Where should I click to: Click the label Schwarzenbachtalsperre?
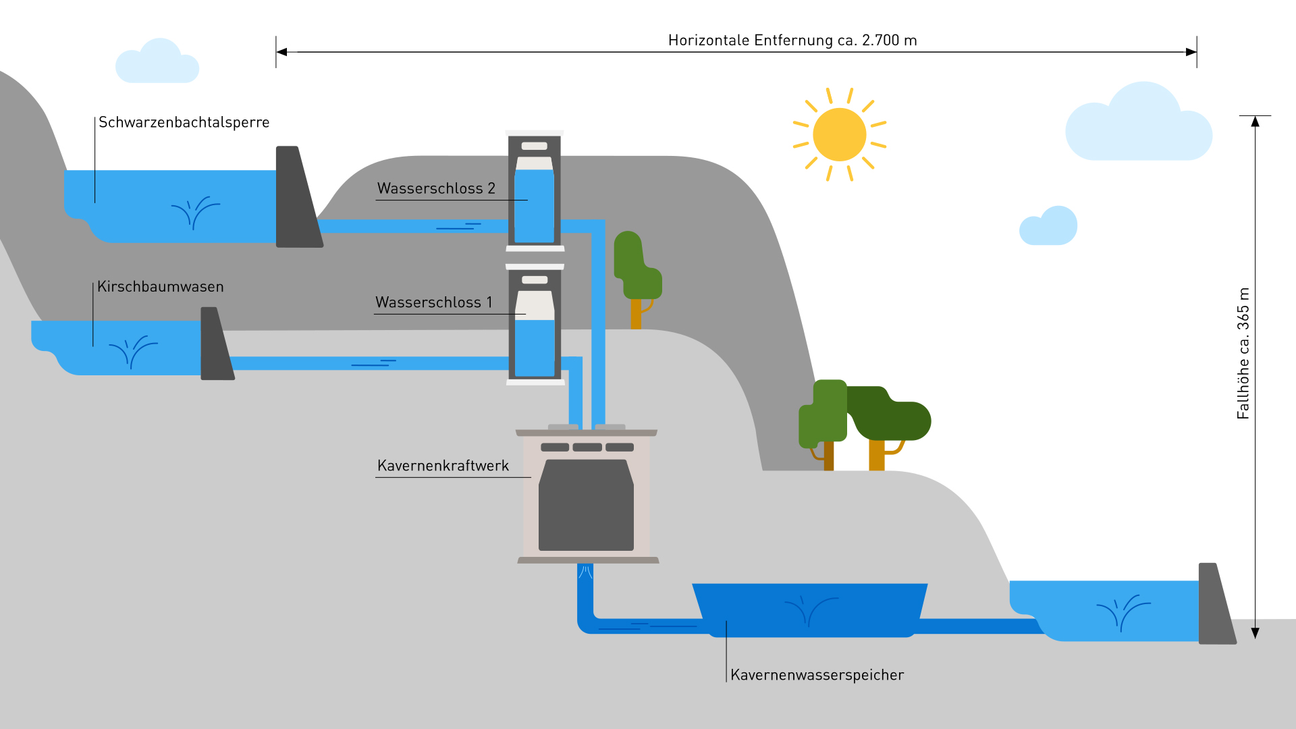point(184,122)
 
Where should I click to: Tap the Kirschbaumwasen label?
point(160,286)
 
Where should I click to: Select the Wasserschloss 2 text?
point(436,188)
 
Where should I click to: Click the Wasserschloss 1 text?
point(433,302)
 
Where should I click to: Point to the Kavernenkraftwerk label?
point(443,466)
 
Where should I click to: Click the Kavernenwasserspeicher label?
point(817,675)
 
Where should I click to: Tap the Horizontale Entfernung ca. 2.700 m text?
point(792,40)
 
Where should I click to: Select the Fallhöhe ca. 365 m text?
point(1243,353)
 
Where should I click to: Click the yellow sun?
point(839,134)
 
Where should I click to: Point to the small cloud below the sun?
point(1049,227)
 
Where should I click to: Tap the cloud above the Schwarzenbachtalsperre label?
point(157,63)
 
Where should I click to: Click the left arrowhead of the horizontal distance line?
point(281,52)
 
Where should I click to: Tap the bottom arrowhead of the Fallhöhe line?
point(1255,633)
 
